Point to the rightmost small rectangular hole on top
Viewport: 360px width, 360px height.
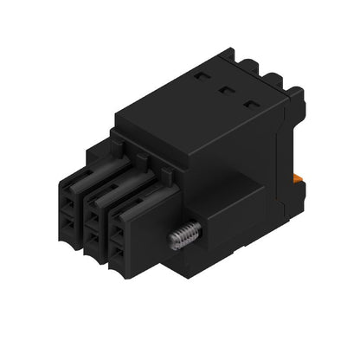pyautogui.click(x=251, y=104)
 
